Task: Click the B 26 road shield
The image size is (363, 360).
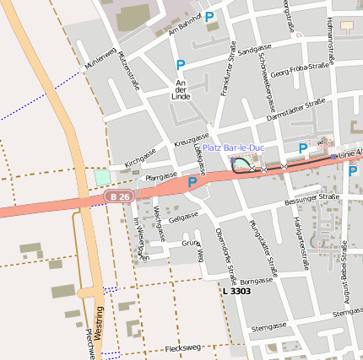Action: click(120, 196)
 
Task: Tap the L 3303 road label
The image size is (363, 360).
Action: click(236, 291)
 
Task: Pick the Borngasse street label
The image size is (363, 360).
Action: click(257, 281)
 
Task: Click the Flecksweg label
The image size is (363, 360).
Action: click(183, 347)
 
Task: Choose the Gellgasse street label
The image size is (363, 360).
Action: click(182, 217)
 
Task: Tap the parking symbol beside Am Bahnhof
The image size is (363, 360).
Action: click(209, 16)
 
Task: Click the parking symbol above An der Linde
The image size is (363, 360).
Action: click(180, 65)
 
